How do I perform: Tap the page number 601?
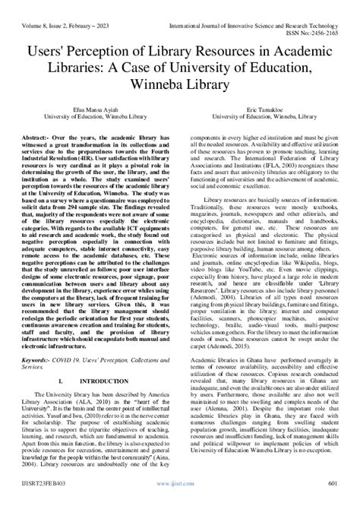click(333, 502)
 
